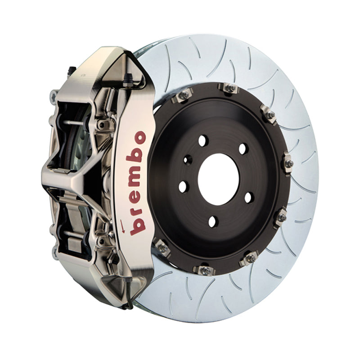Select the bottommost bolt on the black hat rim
pos(205,270)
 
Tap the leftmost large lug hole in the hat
pos(183,185)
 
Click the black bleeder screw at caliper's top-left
pos(71,72)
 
